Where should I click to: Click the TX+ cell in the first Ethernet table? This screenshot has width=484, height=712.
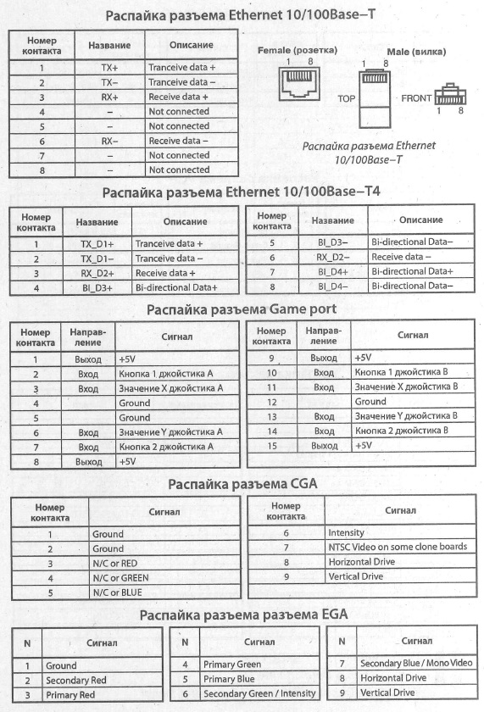point(108,67)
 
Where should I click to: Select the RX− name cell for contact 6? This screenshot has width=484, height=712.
point(108,141)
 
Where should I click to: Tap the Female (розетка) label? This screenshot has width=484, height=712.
point(297,50)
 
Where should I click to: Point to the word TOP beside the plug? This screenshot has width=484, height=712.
point(346,99)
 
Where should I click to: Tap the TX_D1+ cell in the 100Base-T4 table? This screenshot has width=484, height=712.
point(97,244)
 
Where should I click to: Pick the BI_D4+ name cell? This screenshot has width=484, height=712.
point(326,271)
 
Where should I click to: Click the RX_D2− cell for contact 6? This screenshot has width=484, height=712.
point(326,257)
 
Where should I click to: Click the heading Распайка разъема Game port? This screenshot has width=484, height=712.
point(242,310)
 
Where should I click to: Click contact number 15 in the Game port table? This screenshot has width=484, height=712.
point(272,446)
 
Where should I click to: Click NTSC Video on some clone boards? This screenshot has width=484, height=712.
point(397,547)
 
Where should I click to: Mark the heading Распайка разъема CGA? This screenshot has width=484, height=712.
point(242,485)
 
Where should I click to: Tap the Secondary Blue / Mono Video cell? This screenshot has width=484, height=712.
point(416,664)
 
